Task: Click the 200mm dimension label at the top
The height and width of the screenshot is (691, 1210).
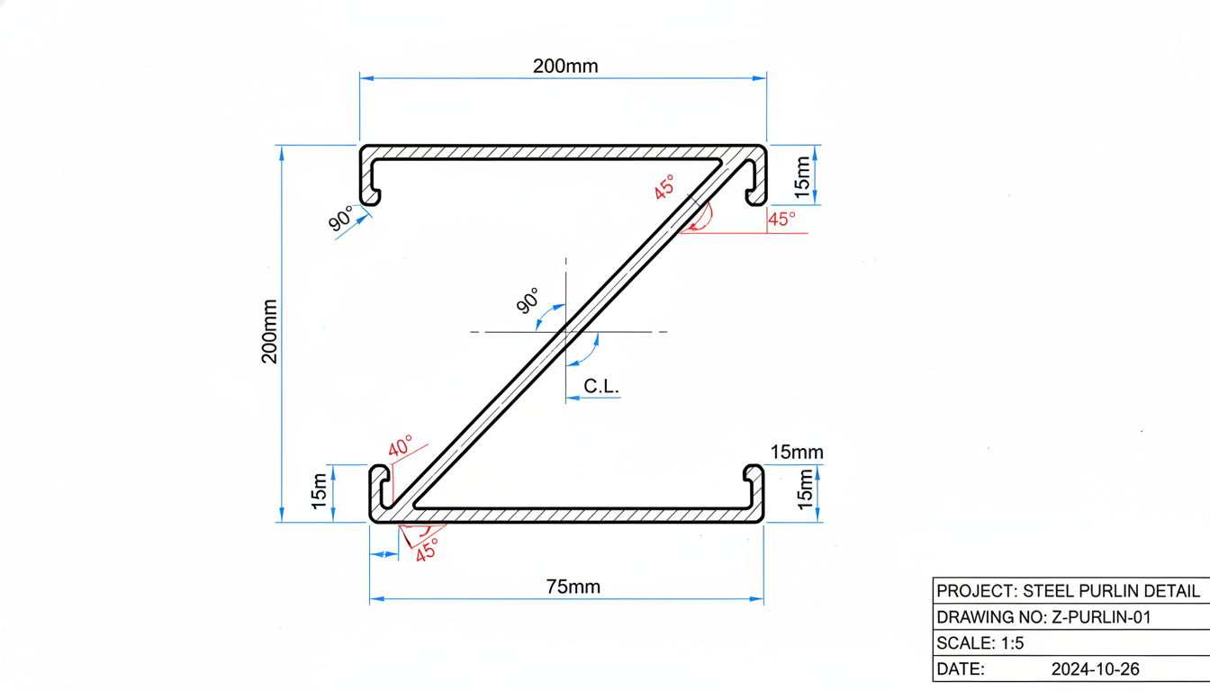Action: click(x=565, y=66)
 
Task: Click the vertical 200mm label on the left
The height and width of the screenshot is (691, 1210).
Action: click(x=269, y=331)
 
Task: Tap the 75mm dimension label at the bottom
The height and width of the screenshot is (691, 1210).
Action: click(x=573, y=587)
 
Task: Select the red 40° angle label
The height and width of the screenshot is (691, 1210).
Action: click(x=401, y=446)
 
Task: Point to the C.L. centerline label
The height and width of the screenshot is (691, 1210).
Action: click(x=601, y=386)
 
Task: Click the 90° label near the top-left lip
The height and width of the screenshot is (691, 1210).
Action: click(x=340, y=218)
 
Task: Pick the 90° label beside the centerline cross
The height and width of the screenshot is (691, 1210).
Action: click(x=528, y=301)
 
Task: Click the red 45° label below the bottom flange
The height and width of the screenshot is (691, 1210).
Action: click(x=427, y=551)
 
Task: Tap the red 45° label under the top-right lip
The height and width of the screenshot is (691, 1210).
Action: click(x=781, y=220)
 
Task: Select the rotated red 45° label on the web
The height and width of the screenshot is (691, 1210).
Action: click(x=664, y=187)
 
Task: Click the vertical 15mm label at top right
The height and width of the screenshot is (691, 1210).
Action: click(x=802, y=177)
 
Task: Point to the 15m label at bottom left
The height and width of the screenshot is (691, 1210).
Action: click(x=320, y=491)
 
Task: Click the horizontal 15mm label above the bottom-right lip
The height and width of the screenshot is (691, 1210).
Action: click(x=797, y=452)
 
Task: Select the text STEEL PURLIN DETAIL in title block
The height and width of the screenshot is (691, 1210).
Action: click(x=1112, y=591)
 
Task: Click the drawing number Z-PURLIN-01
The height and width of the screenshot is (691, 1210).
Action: click(x=1101, y=617)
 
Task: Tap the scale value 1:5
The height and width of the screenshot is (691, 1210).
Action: click(x=1012, y=643)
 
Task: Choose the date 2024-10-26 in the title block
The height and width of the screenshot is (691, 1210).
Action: click(x=1096, y=669)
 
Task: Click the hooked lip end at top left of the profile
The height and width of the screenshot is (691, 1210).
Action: click(x=371, y=196)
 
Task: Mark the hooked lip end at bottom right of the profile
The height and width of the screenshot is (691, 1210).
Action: click(x=753, y=473)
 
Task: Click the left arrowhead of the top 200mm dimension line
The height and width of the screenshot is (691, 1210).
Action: click(x=366, y=78)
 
